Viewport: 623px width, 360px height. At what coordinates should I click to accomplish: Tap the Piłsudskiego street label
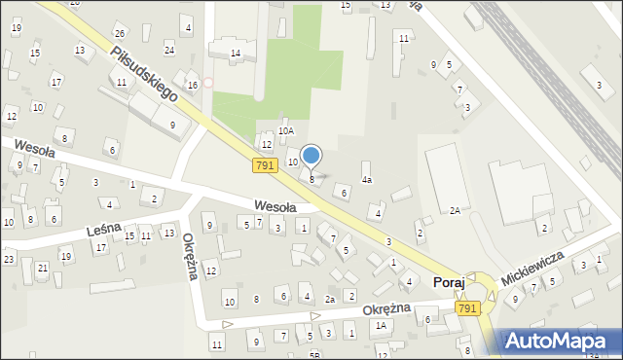tap(142, 75)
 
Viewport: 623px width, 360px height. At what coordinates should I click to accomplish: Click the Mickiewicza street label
tap(534, 266)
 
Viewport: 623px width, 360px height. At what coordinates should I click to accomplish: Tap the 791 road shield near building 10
tap(263, 166)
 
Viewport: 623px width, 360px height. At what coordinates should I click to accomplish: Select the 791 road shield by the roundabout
tap(467, 308)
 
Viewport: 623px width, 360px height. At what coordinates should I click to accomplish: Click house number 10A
tap(285, 130)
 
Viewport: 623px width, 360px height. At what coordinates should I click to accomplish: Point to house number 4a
tap(367, 180)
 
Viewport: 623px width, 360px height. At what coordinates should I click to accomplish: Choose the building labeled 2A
tap(455, 210)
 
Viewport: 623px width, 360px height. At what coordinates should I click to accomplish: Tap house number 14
tap(236, 53)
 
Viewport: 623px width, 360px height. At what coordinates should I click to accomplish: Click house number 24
tap(169, 50)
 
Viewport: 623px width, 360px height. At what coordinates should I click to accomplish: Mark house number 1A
tap(383, 325)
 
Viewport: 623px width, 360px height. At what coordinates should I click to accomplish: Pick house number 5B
tap(313, 354)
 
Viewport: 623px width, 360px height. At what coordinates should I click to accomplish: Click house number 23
tap(9, 258)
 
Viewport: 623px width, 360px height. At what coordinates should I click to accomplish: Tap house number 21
tap(42, 268)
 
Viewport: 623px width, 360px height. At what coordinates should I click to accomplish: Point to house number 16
tap(193, 86)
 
